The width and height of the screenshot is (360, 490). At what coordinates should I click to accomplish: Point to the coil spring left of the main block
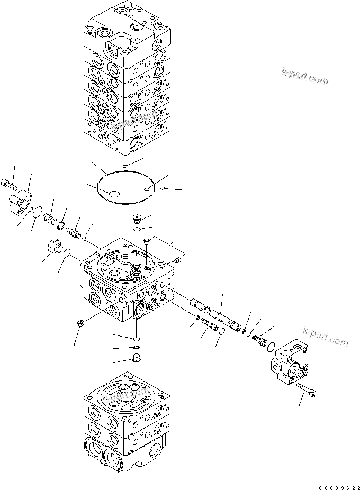[x=50, y=217]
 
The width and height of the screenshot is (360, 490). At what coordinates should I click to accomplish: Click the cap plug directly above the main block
[x=136, y=216]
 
